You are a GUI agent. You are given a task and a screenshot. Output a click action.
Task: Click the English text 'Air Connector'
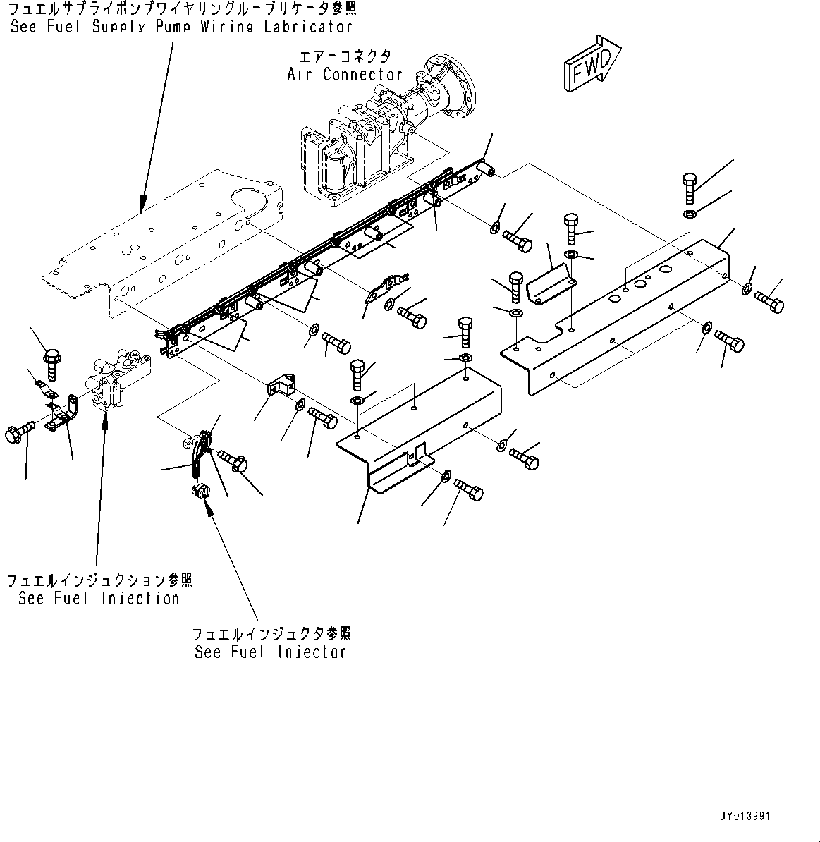(345, 74)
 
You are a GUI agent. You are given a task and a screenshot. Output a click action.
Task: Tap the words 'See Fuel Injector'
(270, 652)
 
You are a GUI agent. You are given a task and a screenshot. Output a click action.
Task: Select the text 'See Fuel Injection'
(99, 599)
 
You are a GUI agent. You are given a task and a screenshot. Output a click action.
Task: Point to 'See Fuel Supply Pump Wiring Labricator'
(181, 28)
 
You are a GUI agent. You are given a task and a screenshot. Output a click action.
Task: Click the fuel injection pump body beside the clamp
(116, 382)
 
